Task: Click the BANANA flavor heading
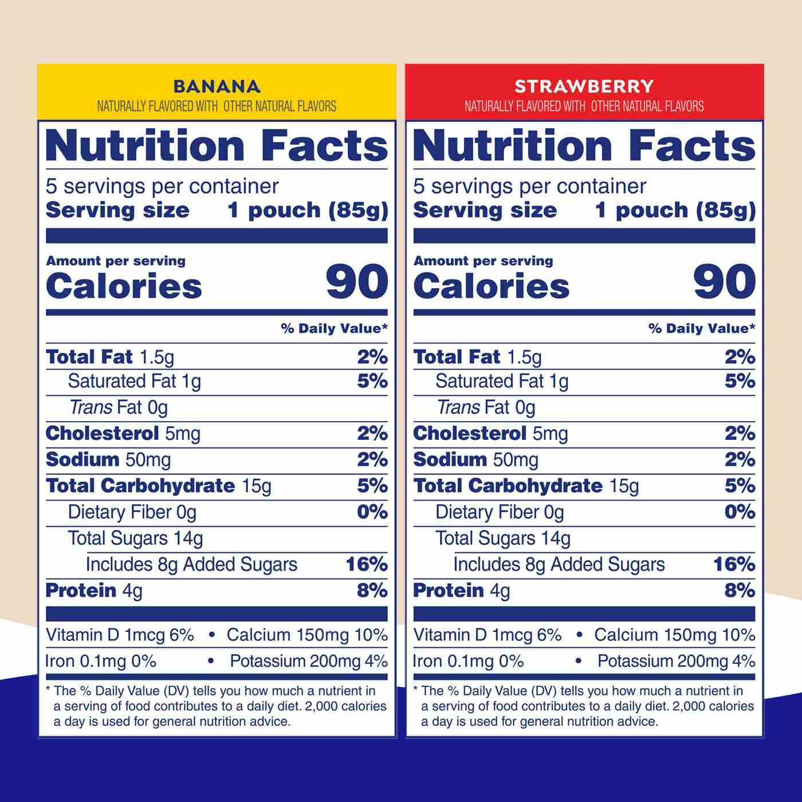217,87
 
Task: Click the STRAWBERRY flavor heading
584,87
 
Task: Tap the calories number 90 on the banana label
356,282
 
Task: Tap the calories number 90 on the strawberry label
724,282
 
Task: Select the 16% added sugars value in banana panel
367,564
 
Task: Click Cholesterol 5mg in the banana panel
123,434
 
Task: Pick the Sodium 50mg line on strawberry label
475,460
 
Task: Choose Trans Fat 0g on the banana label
119,407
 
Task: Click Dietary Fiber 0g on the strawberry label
500,512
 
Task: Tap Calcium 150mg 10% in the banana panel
307,635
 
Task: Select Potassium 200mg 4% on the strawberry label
676,661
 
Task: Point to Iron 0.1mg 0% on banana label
101,661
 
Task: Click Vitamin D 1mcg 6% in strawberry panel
487,635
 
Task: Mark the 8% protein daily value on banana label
372,591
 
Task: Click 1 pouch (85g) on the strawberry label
675,210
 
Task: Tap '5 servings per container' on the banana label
162,186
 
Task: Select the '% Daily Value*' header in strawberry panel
702,328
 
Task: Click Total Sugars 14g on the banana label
135,538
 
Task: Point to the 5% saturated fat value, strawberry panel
740,381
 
